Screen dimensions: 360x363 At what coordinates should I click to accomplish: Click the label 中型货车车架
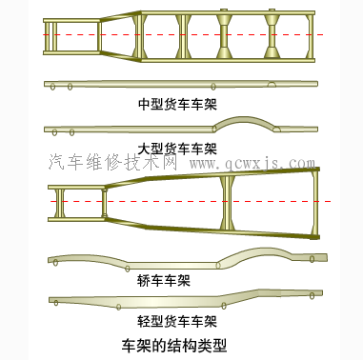(x=177, y=102)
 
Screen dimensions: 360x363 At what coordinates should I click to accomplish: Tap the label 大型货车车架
(x=177, y=149)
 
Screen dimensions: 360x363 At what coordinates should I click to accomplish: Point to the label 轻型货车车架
(x=177, y=321)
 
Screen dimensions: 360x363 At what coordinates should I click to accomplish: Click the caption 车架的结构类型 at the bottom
(x=178, y=345)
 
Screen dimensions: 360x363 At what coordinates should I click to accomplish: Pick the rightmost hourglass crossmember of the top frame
(x=272, y=35)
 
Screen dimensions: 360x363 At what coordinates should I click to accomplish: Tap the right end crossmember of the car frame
(x=313, y=202)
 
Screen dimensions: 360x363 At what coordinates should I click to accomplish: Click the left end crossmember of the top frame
(x=49, y=35)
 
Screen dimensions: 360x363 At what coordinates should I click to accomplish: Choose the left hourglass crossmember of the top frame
(x=227, y=35)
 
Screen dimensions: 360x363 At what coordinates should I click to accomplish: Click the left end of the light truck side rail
(x=55, y=301)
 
